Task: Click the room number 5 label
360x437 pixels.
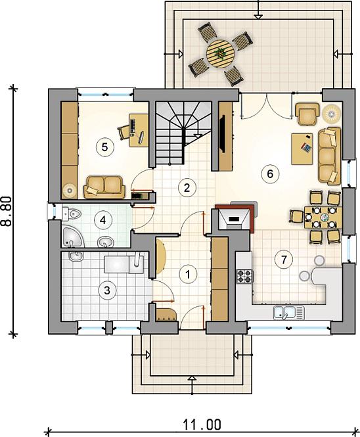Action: click(x=104, y=147)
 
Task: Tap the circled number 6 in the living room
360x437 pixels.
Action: click(x=270, y=174)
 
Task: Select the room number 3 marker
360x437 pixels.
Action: click(x=107, y=290)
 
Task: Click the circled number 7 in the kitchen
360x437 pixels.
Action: click(x=284, y=260)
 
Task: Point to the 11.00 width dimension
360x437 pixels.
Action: click(x=202, y=425)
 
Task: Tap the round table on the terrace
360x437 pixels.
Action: click(x=219, y=54)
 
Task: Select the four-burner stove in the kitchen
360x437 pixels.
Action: click(x=244, y=277)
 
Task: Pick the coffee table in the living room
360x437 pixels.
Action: click(x=302, y=149)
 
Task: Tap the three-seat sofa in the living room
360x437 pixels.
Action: click(x=330, y=156)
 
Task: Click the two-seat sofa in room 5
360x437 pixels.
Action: click(x=104, y=187)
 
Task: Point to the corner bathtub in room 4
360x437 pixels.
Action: click(x=72, y=237)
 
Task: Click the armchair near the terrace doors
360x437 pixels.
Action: click(x=307, y=114)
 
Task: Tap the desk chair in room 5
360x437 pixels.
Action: click(x=124, y=132)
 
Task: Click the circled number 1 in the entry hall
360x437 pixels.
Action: click(x=188, y=274)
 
